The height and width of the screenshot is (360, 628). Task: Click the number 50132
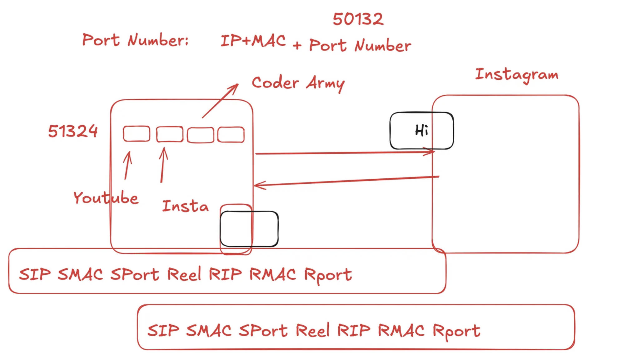pos(358,19)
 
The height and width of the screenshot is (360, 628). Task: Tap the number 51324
pos(73,131)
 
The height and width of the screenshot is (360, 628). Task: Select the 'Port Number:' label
pos(135,40)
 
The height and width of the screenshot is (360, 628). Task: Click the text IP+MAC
pos(253,41)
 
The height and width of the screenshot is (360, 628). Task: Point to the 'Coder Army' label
pos(298,83)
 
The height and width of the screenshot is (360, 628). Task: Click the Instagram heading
pos(516,75)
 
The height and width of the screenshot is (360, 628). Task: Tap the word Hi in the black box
pos(421,130)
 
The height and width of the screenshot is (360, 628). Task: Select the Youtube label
pos(106,198)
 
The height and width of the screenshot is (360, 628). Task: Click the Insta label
pos(185,206)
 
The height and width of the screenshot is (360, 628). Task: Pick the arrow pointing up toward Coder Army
pos(220,101)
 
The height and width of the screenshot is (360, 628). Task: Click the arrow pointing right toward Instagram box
pos(344,153)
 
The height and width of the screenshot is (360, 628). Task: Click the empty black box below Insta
pos(249,229)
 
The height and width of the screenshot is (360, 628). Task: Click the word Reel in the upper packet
pos(184,275)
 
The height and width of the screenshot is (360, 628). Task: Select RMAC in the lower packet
pos(401,330)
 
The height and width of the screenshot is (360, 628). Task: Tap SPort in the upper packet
pos(135,275)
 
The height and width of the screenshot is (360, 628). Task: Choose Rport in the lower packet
pos(456,331)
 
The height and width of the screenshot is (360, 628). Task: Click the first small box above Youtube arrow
pos(137,134)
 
